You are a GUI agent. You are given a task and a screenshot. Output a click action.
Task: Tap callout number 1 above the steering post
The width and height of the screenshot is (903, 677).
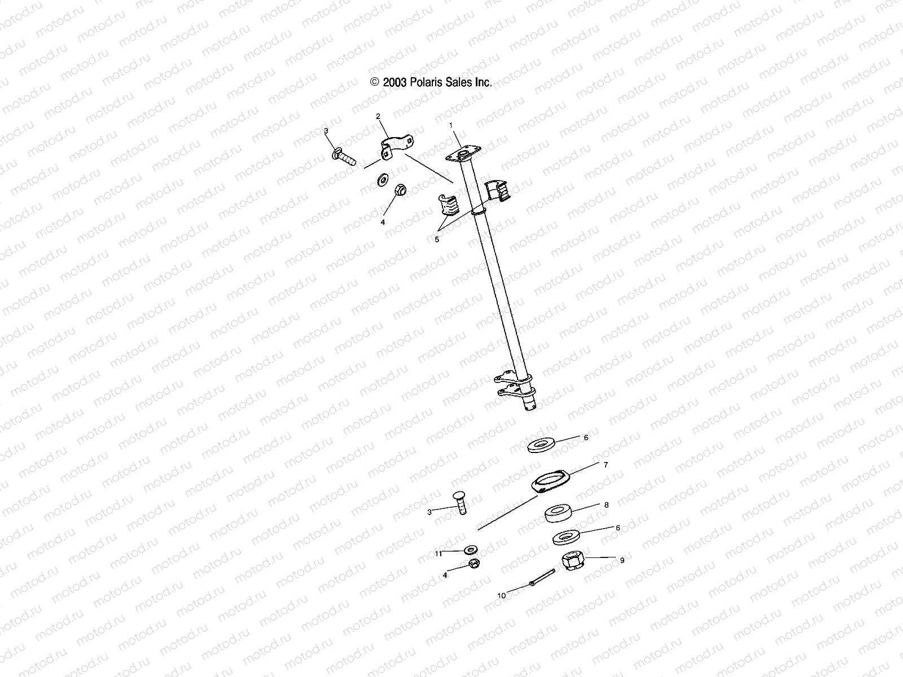coord(451,124)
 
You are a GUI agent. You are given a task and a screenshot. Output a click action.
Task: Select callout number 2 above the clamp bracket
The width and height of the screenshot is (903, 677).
coord(378,116)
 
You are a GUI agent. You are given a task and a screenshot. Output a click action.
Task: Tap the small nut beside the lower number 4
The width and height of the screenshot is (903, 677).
coord(474,564)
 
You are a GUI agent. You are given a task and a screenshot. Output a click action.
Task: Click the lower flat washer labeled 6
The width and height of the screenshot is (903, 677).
coord(567,537)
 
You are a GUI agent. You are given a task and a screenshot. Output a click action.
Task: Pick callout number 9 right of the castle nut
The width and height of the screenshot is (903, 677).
coord(622,560)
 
